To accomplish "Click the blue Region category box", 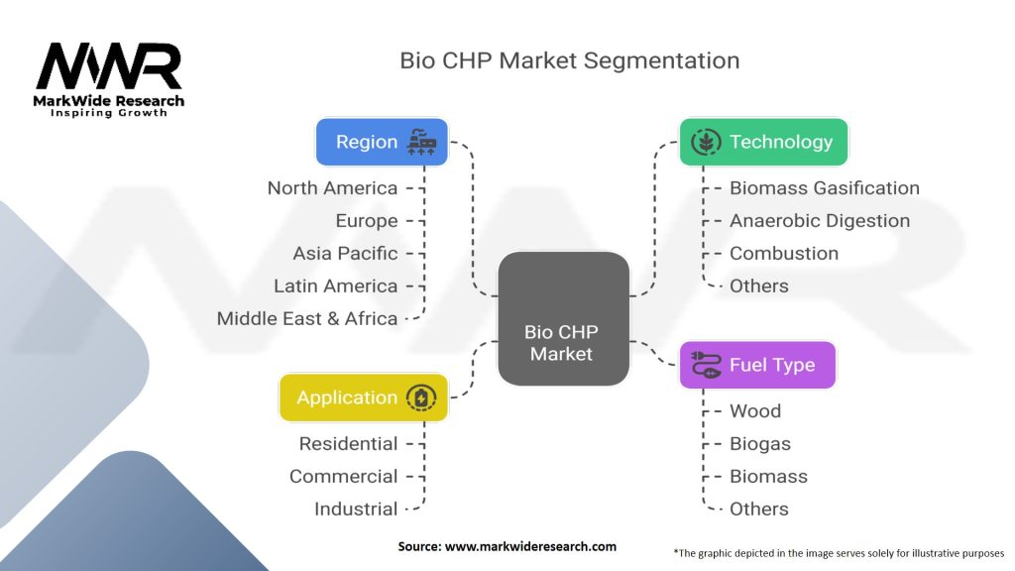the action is pos(382,142).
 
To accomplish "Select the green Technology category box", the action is pos(763,142).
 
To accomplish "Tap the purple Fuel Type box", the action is pos(757,365).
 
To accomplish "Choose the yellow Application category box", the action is pos(363,398).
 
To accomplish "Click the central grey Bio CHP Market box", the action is pos(563,318).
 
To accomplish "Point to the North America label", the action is pos(333,188).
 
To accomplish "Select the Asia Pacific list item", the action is pos(345,254).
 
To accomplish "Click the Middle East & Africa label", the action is pos(307,318).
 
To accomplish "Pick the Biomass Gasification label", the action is pos(824,188).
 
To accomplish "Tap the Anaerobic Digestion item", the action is pos(820,221).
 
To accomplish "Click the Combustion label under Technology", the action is pos(784,254).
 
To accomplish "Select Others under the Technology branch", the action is pos(758,286).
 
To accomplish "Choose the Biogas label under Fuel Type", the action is pos(760,444).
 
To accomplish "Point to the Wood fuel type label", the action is pos(754,411).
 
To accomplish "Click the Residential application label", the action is pos(348,444).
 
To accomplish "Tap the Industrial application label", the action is pos(356,510).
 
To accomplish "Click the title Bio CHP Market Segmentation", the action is pos(570,60).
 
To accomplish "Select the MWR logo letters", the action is pos(109,66).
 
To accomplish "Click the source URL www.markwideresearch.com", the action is pos(531,546).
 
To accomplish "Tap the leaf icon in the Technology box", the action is pos(706,142).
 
